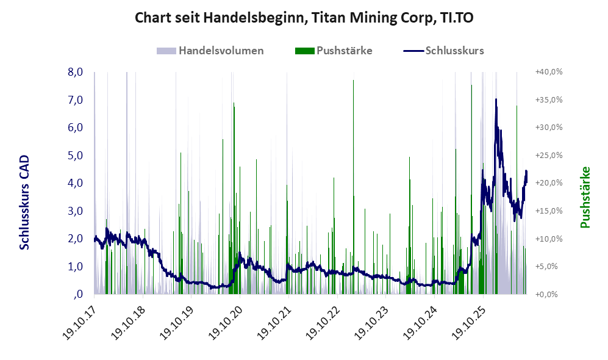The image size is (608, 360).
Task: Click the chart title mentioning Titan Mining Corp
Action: (304, 18)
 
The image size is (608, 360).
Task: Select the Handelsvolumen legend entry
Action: (210, 51)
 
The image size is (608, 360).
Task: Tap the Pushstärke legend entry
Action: (334, 51)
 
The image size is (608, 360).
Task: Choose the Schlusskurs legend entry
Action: (443, 51)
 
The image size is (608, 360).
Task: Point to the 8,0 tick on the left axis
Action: (75, 72)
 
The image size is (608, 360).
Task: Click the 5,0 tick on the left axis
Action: (75, 156)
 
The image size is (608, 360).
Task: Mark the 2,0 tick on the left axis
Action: (75, 239)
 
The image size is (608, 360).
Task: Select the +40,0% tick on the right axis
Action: (549, 72)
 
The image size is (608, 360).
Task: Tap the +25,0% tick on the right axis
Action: (549, 156)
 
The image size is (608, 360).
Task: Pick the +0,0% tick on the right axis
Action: (547, 295)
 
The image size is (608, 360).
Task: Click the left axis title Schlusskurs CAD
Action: (24, 202)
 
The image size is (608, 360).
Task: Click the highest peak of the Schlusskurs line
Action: (496, 99)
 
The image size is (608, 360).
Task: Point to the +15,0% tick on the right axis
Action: (549, 211)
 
